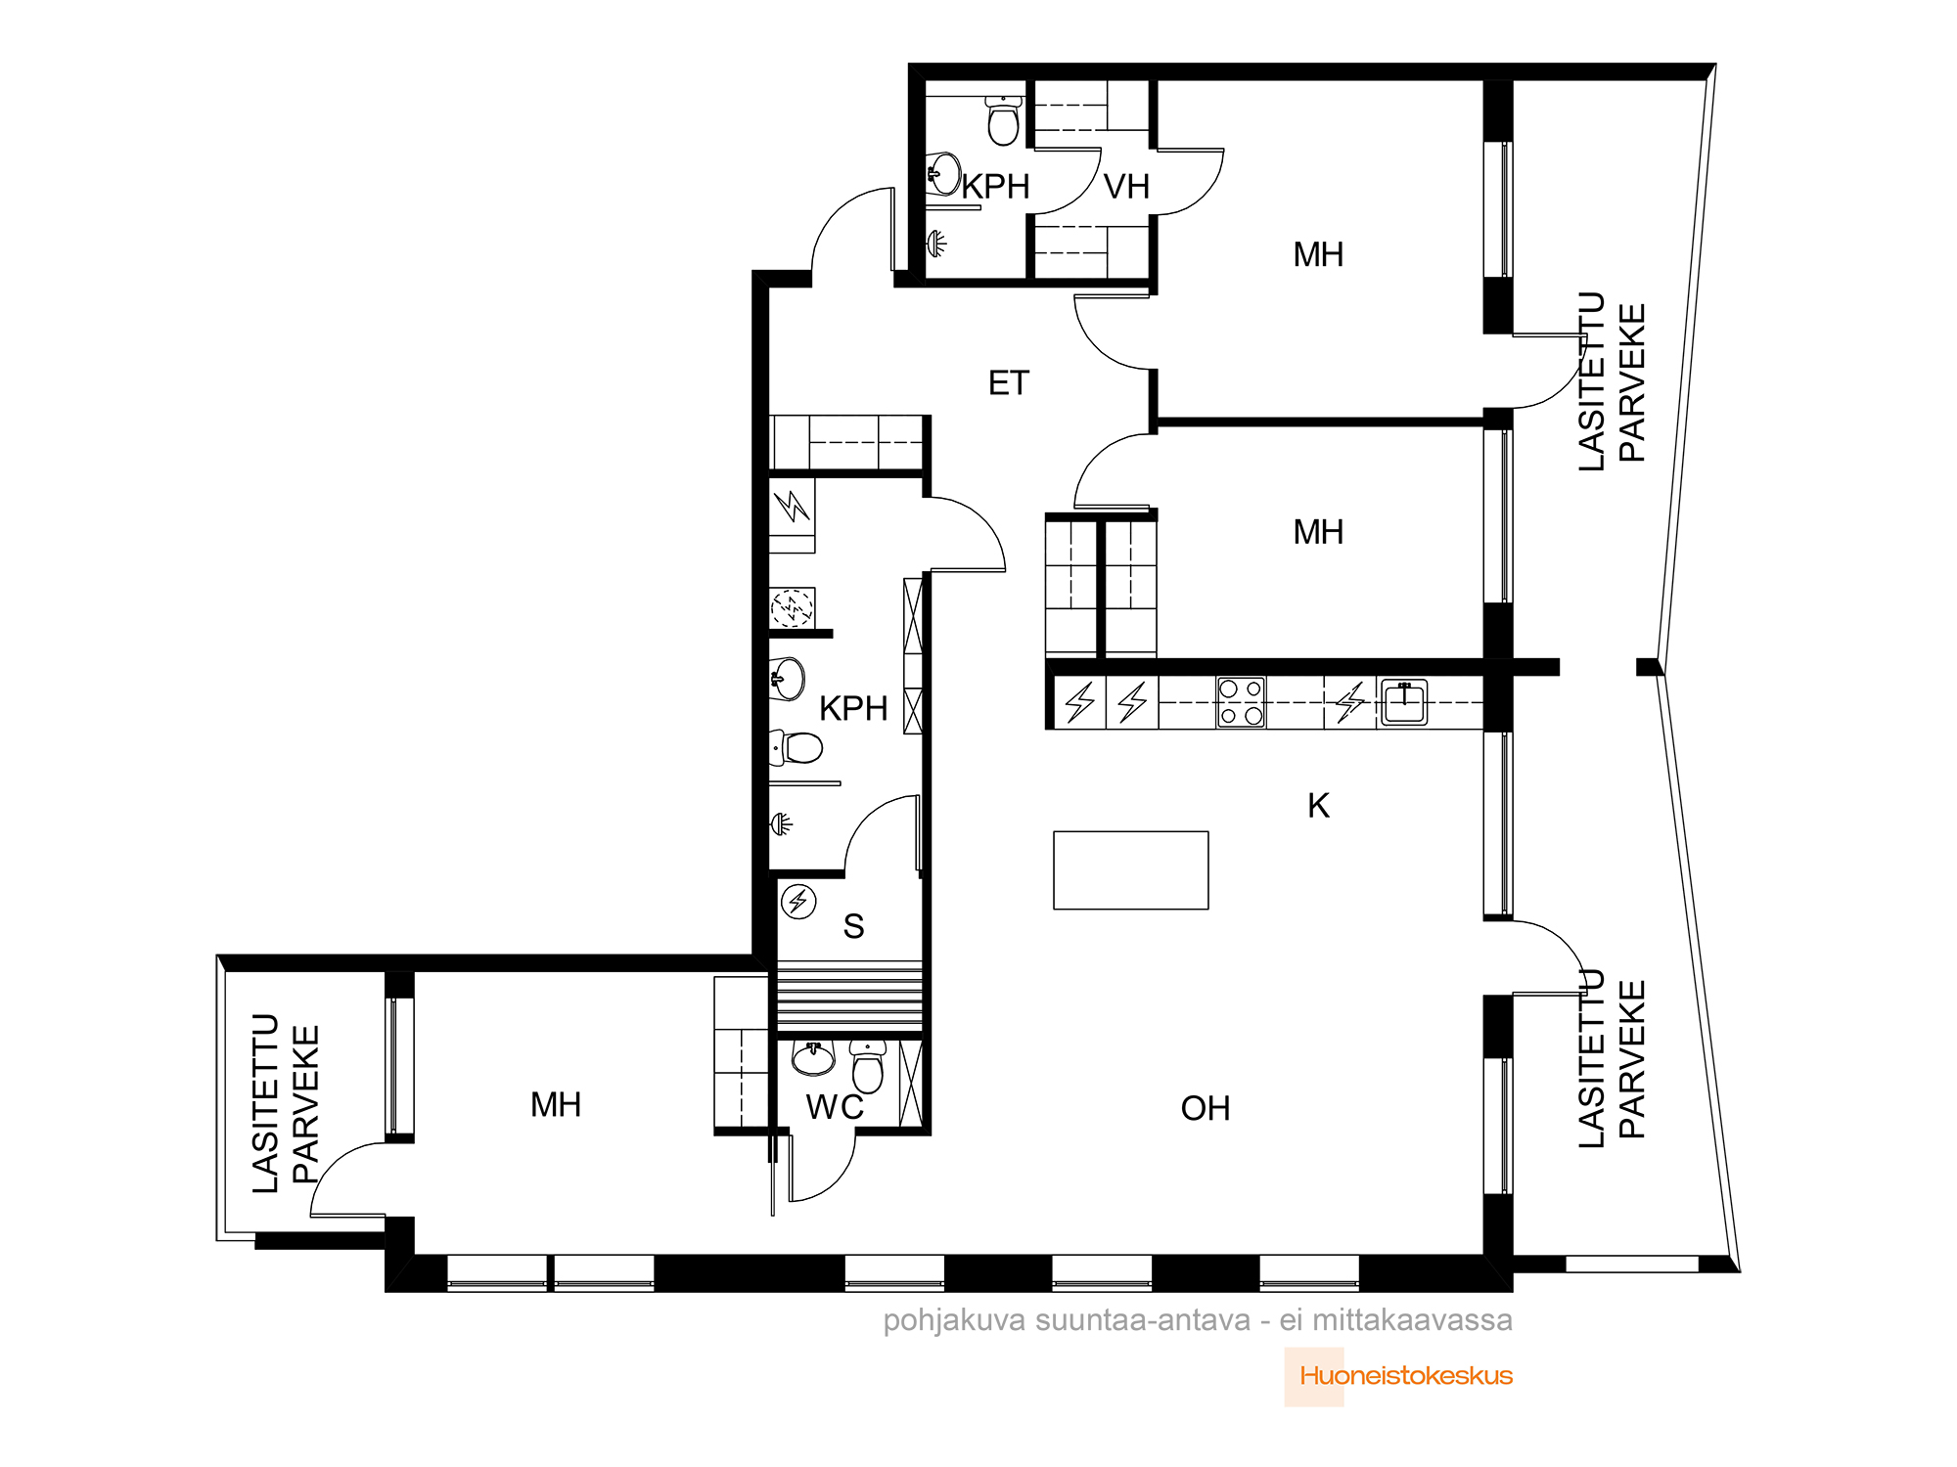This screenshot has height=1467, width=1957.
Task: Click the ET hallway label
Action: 1009,383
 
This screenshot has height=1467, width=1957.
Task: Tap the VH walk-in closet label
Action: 1126,187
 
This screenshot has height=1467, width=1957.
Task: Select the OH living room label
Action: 1206,1109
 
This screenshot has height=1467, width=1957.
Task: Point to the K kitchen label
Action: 1318,806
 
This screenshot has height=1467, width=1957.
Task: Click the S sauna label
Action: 853,926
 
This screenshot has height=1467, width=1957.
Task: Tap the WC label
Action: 835,1107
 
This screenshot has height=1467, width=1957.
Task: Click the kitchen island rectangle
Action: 1131,870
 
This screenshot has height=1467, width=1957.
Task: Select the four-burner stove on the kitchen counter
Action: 1241,702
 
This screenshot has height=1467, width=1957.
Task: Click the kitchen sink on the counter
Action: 1403,702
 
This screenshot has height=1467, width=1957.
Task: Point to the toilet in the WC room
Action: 868,1066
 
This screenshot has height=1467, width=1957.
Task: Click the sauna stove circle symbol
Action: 798,901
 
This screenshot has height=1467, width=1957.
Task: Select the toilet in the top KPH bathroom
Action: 1003,119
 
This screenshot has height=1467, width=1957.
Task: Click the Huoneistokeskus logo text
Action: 1406,1376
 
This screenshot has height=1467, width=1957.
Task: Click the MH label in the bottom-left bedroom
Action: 556,1105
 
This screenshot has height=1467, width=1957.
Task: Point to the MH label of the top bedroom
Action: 1318,255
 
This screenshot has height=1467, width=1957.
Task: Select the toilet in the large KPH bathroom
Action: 796,748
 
